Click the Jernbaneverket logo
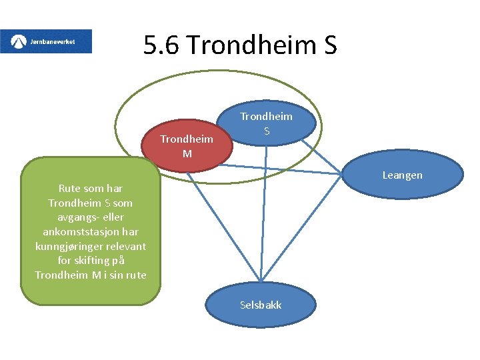click(46, 41)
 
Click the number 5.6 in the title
click(163, 45)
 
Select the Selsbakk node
click(261, 305)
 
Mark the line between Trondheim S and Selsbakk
click(263, 213)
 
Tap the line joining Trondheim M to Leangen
click(287, 169)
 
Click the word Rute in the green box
click(70, 189)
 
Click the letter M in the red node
click(187, 154)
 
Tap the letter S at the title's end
click(329, 45)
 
